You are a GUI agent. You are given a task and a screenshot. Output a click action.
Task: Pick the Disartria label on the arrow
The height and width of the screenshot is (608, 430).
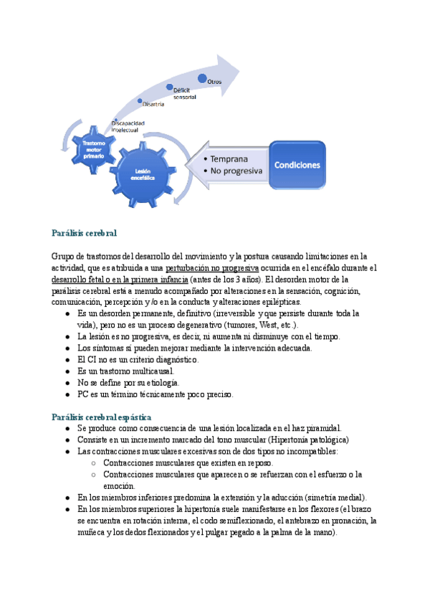pyautogui.click(x=153, y=105)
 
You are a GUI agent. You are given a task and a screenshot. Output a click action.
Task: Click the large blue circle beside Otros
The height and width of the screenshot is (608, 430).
pyautogui.click(x=203, y=78)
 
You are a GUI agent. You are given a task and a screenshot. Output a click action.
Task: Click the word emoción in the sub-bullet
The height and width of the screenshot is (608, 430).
pyautogui.click(x=119, y=485)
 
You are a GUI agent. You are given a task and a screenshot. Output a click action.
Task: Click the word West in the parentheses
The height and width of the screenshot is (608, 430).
pyautogui.click(x=266, y=325)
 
